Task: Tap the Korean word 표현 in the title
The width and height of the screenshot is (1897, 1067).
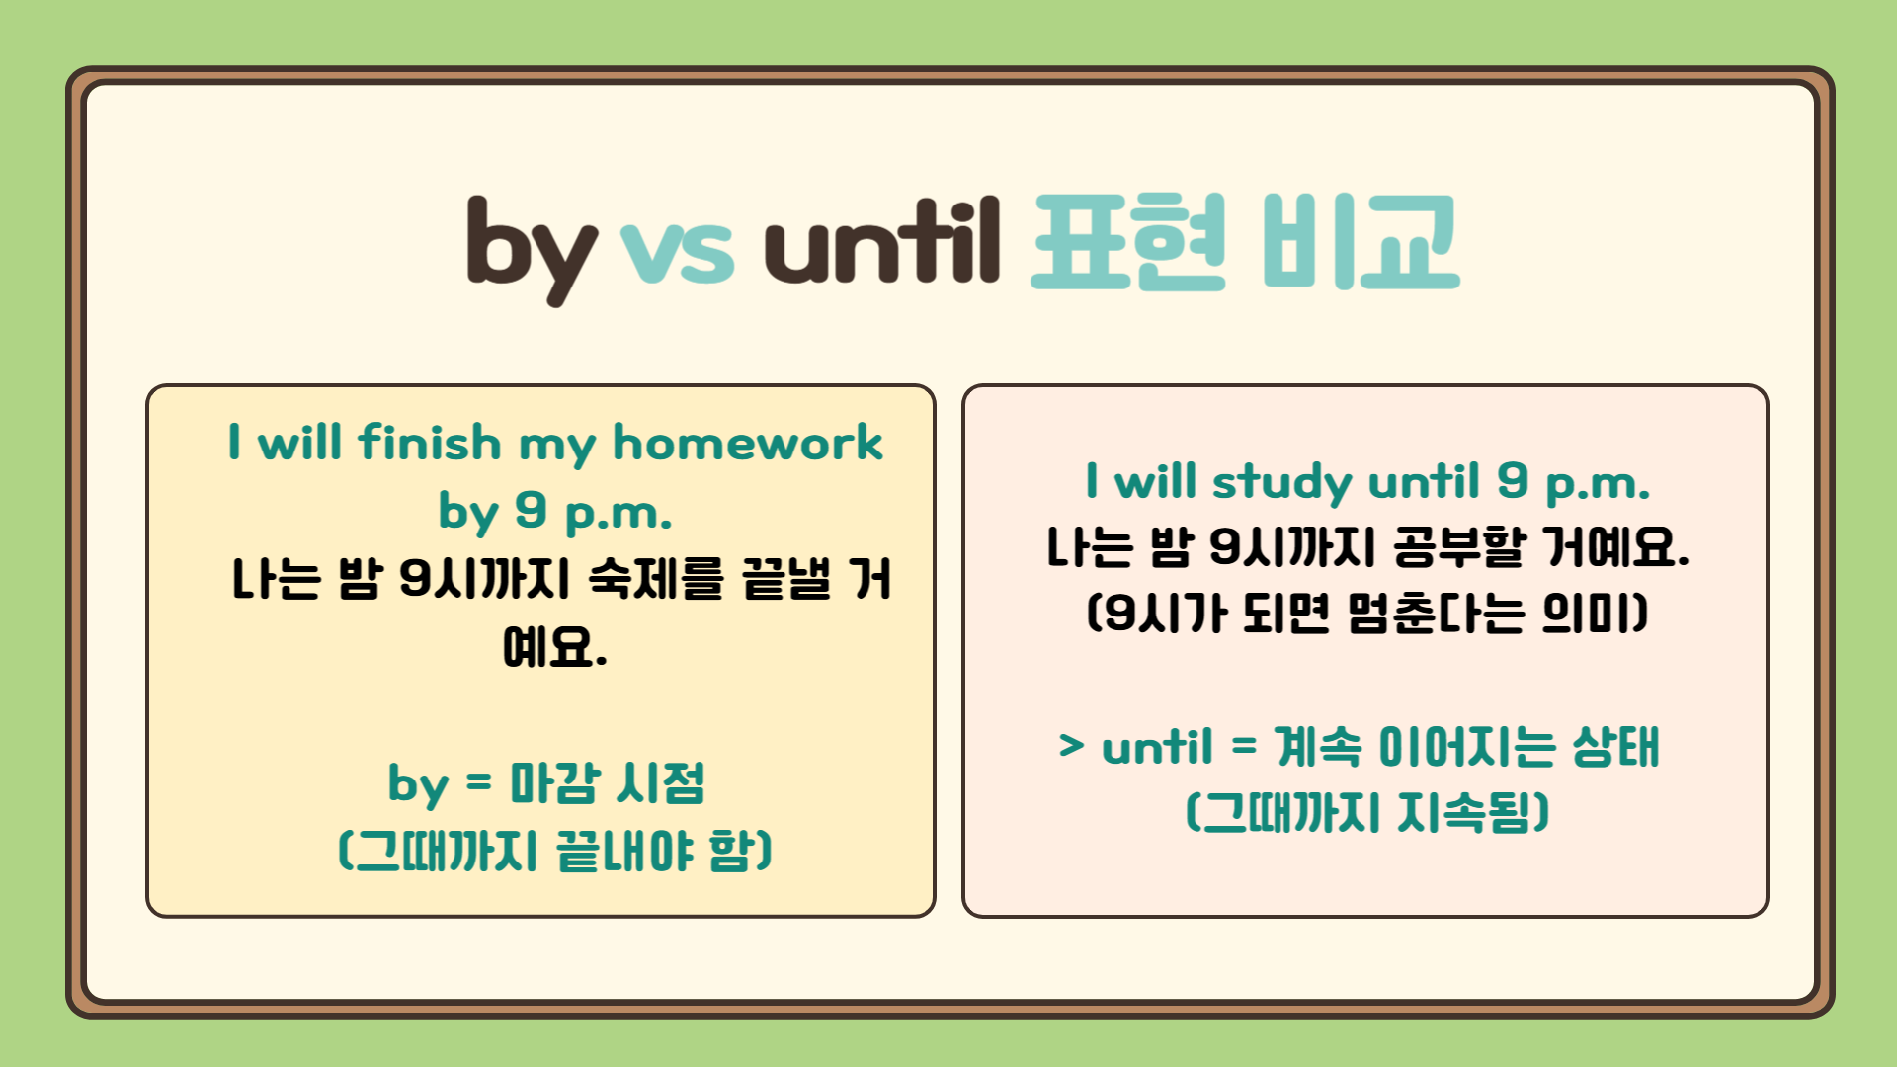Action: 1128,242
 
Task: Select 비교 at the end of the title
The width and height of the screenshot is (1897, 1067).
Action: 1361,242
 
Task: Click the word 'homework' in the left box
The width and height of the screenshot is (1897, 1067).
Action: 747,443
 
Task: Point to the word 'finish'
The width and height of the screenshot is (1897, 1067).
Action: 430,443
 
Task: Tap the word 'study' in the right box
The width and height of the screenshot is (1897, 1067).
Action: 1282,483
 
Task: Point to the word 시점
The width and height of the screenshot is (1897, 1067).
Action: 660,784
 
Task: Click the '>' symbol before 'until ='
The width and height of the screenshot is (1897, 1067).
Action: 1071,746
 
